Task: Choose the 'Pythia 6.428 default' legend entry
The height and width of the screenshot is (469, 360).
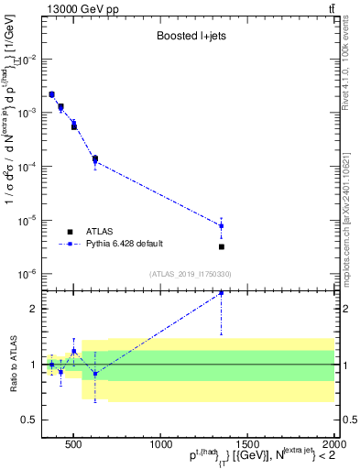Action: click(124, 244)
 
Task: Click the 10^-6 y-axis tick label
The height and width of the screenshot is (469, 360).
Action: click(31, 274)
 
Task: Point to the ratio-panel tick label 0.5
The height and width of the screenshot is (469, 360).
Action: click(30, 420)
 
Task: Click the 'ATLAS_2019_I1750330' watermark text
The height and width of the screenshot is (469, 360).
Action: click(190, 274)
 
